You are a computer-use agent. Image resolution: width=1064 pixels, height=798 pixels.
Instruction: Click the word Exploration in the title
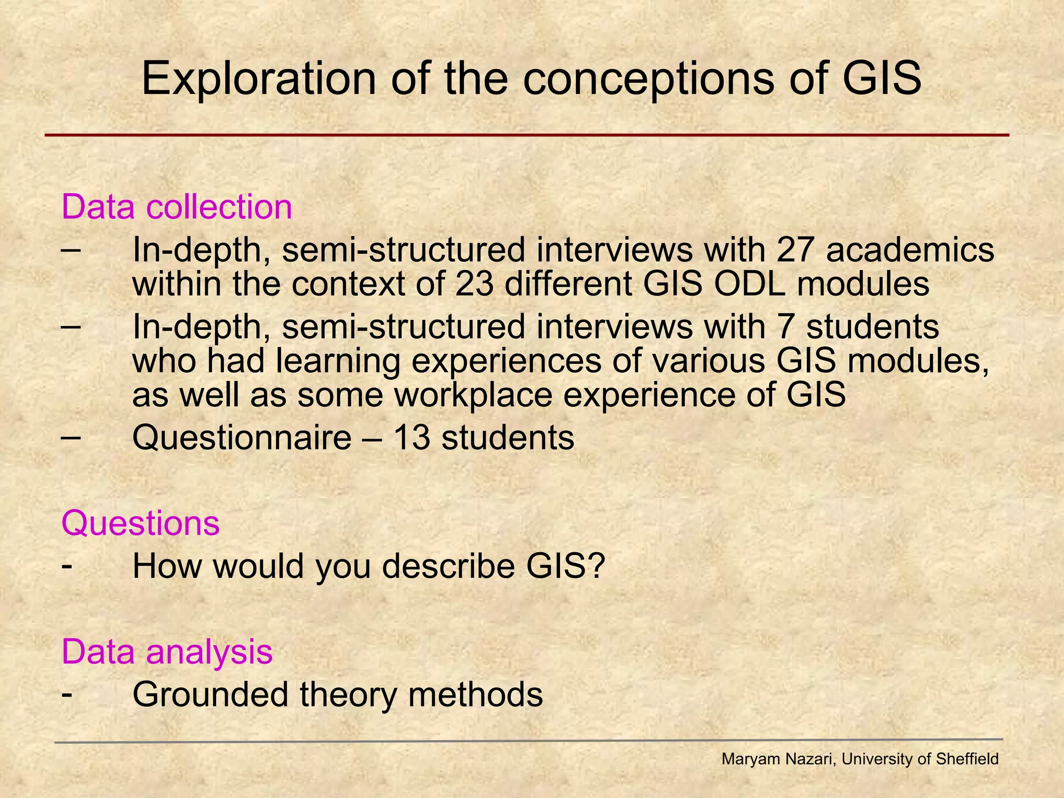(258, 79)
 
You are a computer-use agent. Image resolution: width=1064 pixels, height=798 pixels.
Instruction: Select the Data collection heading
(177, 207)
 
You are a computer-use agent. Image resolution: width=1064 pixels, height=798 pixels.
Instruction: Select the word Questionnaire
(242, 437)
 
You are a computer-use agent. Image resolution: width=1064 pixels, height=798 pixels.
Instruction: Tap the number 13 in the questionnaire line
(411, 437)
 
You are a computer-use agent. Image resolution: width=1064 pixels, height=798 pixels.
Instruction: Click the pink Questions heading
(140, 523)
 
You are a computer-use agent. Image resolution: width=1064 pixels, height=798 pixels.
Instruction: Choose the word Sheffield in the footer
(967, 759)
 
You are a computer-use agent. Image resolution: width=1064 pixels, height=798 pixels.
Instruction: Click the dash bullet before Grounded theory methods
(66, 694)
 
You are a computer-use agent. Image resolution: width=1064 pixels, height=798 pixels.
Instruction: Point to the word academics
(910, 250)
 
